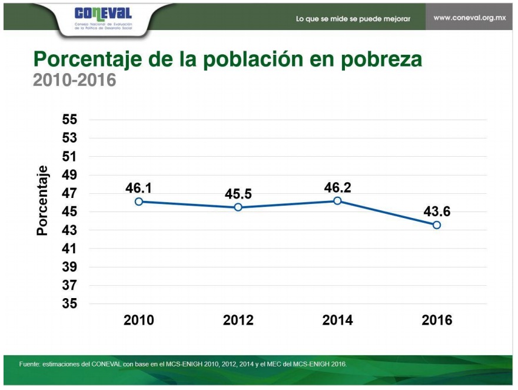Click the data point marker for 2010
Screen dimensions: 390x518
point(139,201)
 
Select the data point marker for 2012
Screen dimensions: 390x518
point(238,207)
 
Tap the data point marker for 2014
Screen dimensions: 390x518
point(337,201)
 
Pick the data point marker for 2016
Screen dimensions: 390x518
point(437,225)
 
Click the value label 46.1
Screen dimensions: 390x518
point(139,188)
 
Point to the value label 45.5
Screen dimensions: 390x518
point(238,194)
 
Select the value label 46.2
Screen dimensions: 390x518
point(337,187)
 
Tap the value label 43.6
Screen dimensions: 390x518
point(437,211)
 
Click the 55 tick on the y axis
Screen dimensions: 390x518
point(70,120)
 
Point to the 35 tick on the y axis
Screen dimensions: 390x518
point(70,304)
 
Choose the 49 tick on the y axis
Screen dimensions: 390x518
point(70,175)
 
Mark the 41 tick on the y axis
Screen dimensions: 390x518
point(70,249)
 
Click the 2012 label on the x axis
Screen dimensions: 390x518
point(238,320)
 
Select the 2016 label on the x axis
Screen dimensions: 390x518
point(437,320)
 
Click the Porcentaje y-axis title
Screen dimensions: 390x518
point(42,200)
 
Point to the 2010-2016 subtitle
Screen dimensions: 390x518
point(74,80)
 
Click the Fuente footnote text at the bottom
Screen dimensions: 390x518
point(183,363)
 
